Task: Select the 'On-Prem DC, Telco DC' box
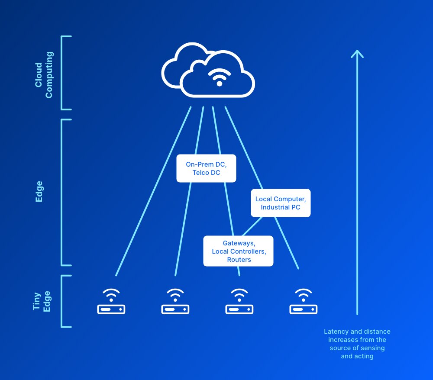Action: [x=206, y=168]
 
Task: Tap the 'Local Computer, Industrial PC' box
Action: [x=281, y=203]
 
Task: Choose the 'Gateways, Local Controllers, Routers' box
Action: [x=239, y=251]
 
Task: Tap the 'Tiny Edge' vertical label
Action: [x=42, y=301]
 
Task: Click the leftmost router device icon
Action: [x=111, y=302]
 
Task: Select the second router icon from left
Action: [x=175, y=302]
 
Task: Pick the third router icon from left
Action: [x=239, y=302]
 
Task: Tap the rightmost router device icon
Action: [x=303, y=302]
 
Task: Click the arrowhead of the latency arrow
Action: [x=357, y=54]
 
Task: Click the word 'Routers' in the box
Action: [x=239, y=260]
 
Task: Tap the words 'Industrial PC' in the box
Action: [x=280, y=207]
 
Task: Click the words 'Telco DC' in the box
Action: [x=206, y=173]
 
